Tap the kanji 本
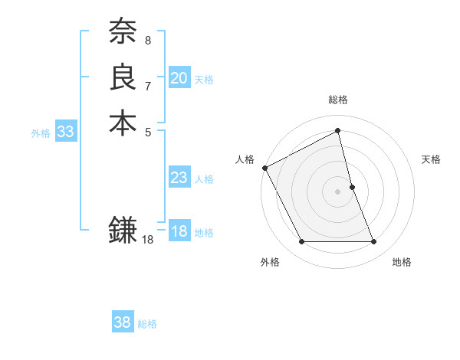[123, 123]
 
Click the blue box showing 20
[179, 78]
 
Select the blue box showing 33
[66, 132]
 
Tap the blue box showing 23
[179, 178]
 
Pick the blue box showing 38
[123, 322]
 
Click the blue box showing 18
[179, 231]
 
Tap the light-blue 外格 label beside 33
[41, 133]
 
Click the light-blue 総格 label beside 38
[147, 324]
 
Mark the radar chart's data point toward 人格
[264, 167]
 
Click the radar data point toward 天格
[352, 187]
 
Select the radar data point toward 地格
[373, 242]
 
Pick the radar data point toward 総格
[338, 131]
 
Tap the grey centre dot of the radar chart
[338, 191]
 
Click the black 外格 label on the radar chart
[270, 263]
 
